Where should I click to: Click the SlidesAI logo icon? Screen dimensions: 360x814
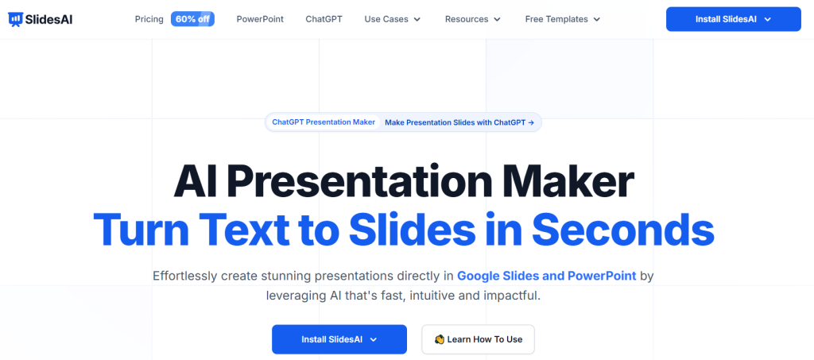click(15, 18)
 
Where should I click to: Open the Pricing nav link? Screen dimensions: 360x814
click(149, 18)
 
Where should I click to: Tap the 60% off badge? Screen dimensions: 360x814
click(192, 18)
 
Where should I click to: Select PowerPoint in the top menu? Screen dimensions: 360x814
click(260, 18)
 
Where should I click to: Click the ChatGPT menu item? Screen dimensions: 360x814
click(324, 18)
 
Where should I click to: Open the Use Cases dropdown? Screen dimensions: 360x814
click(392, 18)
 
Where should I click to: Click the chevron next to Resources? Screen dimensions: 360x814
click(497, 19)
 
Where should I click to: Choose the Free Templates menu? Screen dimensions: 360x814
click(563, 18)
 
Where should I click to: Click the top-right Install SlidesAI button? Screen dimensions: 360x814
click(733, 19)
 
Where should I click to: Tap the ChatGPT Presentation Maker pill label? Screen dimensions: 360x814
click(324, 122)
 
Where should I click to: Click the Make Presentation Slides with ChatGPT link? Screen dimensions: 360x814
click(459, 122)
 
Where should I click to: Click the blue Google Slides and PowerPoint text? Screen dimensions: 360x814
click(546, 276)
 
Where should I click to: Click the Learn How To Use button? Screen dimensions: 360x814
click(478, 339)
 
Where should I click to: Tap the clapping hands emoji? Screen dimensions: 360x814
click(439, 339)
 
